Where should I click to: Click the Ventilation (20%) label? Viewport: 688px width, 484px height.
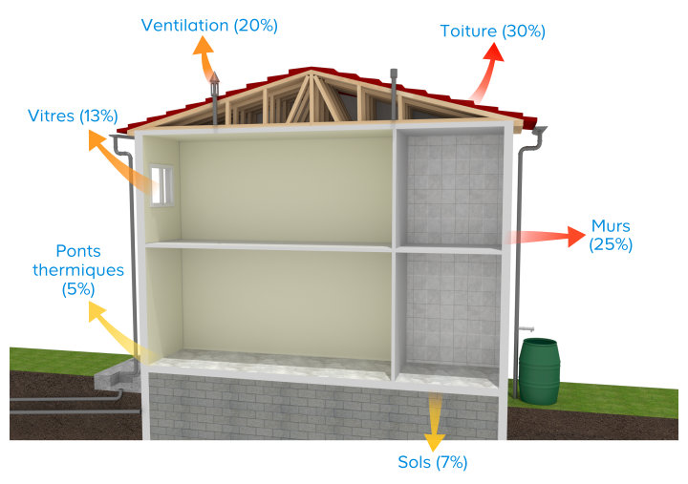click(209, 26)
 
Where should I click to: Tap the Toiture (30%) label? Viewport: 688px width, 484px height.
click(493, 32)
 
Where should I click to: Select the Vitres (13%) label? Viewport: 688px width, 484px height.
click(73, 116)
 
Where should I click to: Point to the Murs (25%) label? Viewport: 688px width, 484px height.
click(611, 235)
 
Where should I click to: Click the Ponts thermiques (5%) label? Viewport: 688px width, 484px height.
click(78, 270)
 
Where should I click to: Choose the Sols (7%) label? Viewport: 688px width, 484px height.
click(433, 462)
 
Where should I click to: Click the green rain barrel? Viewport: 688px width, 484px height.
click(539, 371)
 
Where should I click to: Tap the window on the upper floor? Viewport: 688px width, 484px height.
click(161, 185)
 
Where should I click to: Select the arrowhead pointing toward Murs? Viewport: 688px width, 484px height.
click(576, 237)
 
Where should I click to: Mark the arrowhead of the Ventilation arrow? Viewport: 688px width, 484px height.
click(204, 46)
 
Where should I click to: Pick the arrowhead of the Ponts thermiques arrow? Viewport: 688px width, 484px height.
click(97, 312)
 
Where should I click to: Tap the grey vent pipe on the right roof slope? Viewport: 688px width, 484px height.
click(394, 94)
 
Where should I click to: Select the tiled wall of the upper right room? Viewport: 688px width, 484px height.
click(455, 191)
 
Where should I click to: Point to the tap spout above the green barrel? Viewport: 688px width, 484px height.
click(527, 328)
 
